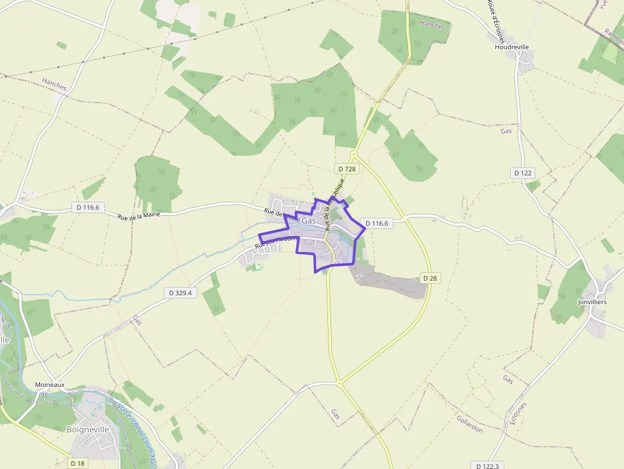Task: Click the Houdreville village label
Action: [512, 47]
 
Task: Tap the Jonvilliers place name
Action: [592, 302]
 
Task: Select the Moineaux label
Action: [50, 385]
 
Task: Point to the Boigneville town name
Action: [88, 430]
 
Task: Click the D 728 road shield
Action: [346, 169]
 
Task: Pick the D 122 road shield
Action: [523, 173]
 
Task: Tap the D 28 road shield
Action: [430, 278]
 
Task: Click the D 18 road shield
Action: [78, 463]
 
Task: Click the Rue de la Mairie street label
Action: [138, 216]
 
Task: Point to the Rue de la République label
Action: [334, 204]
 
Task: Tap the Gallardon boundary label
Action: [469, 424]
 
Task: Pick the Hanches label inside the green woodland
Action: [432, 25]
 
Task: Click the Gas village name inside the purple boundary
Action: [309, 220]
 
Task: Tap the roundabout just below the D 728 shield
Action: [353, 155]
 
